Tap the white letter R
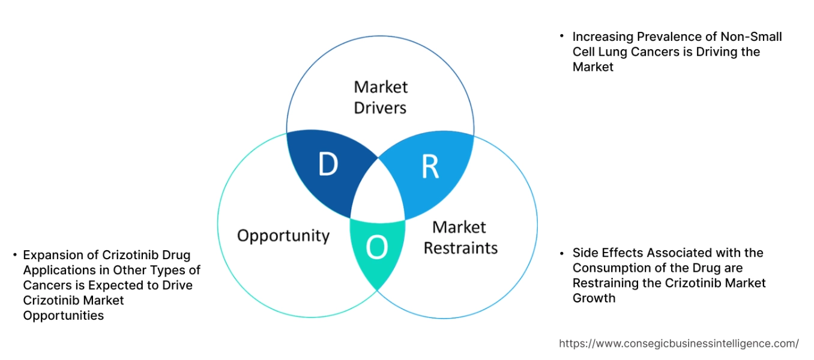430,167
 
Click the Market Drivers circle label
380,97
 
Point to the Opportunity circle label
283,235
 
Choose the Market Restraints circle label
460,237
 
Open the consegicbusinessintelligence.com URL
679,344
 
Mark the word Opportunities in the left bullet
64,316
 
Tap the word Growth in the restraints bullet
594,298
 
